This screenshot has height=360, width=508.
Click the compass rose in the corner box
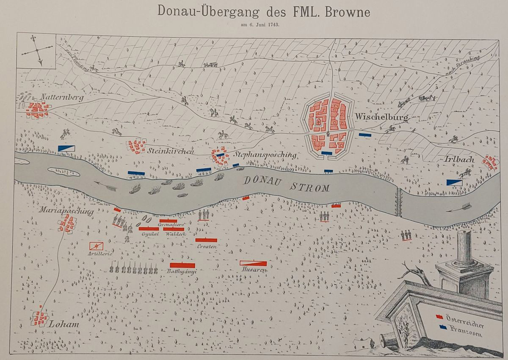37,50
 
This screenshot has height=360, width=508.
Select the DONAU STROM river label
287,184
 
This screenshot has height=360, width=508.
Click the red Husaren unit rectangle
253,263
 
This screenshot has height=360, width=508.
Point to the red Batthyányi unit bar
182,265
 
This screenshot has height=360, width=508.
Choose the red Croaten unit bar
206,240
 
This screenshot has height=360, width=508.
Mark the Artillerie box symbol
97,245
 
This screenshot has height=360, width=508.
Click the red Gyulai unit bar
149,229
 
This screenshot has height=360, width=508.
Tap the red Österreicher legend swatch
440,316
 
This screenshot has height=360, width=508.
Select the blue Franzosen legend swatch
442,327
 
